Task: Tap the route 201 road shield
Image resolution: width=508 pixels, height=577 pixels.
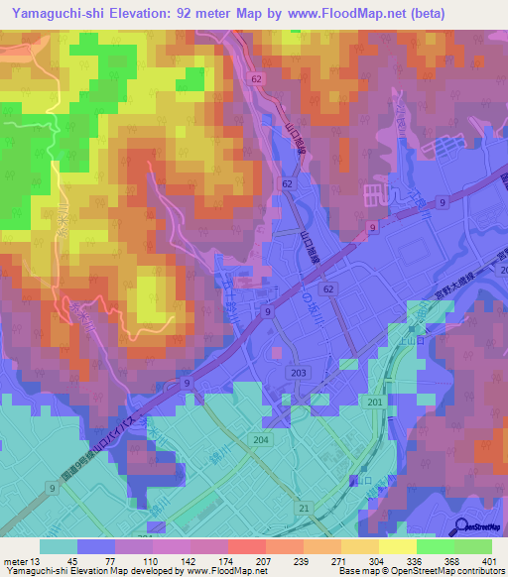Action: (374, 400)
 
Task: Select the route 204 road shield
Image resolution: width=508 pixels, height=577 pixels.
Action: (261, 439)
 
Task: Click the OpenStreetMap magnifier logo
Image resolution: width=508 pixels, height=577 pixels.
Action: (463, 526)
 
